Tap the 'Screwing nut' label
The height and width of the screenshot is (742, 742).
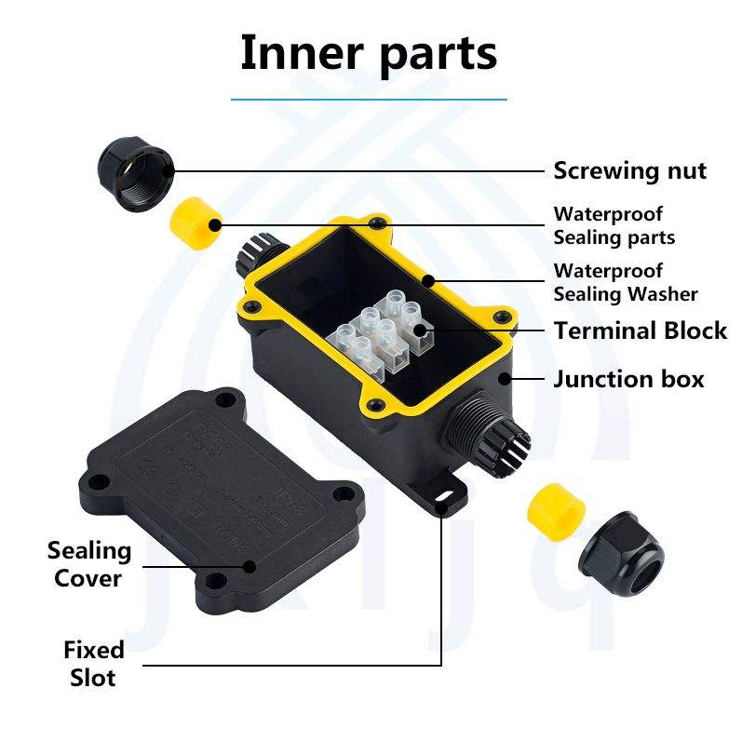(x=629, y=171)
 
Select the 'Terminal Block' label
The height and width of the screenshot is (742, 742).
(x=641, y=331)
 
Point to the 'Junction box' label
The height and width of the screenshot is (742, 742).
(x=628, y=379)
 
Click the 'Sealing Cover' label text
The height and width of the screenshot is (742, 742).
(x=88, y=564)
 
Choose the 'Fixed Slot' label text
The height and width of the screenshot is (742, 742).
(x=93, y=663)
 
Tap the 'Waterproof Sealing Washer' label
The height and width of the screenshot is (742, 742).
(x=625, y=282)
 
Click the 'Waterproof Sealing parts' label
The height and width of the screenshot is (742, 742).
(x=614, y=225)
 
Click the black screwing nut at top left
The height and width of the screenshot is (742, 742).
(x=133, y=166)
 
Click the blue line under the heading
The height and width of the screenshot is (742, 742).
(x=369, y=99)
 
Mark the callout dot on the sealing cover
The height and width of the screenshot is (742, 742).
(x=249, y=565)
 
